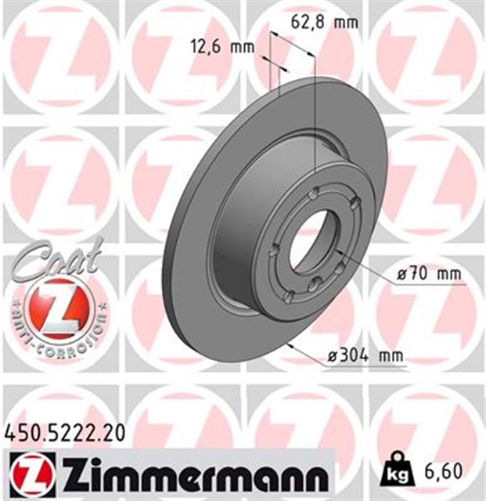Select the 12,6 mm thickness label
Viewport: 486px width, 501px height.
pyautogui.click(x=223, y=46)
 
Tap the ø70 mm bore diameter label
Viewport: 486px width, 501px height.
pyautogui.click(x=428, y=274)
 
